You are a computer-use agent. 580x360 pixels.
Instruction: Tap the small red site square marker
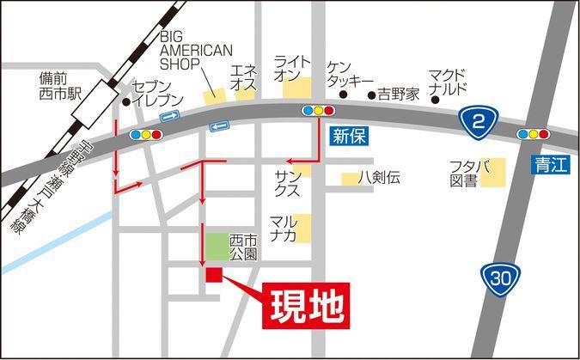click(213, 274)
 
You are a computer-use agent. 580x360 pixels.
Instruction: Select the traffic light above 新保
click(318, 111)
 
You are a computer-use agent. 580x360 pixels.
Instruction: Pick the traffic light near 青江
click(534, 134)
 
